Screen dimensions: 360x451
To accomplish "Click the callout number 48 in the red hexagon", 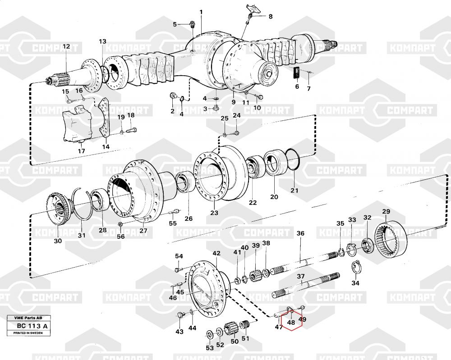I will [291, 323].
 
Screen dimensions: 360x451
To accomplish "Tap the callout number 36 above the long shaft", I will [300, 233].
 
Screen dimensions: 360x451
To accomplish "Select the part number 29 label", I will [386, 211].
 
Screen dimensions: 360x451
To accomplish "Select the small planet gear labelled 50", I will [233, 328].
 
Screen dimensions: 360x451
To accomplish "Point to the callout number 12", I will [66, 46].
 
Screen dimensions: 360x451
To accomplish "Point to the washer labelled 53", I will [210, 334].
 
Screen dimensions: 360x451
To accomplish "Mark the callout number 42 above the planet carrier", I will [216, 253].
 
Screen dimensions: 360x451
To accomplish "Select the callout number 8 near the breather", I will [270, 17].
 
